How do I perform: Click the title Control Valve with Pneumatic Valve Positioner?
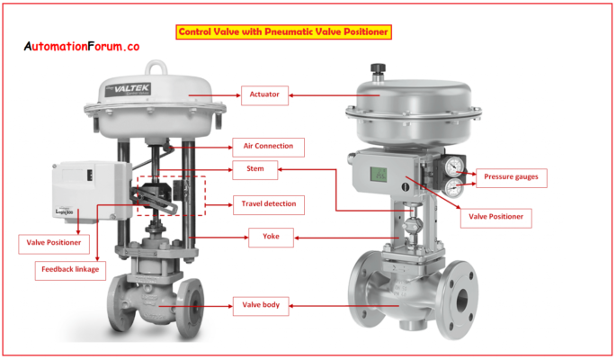click(x=282, y=31)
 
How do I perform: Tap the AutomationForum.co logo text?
click(x=81, y=46)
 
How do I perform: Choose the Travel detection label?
click(x=268, y=204)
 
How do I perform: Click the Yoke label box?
click(x=272, y=238)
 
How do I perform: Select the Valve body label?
click(x=262, y=305)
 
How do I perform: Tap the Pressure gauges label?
click(x=510, y=177)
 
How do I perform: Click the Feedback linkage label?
click(x=69, y=268)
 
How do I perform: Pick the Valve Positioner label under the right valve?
click(x=495, y=216)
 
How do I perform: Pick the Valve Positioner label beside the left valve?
click(x=51, y=242)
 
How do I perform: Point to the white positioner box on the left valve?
click(x=80, y=190)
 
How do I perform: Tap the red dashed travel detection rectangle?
click(x=170, y=194)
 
